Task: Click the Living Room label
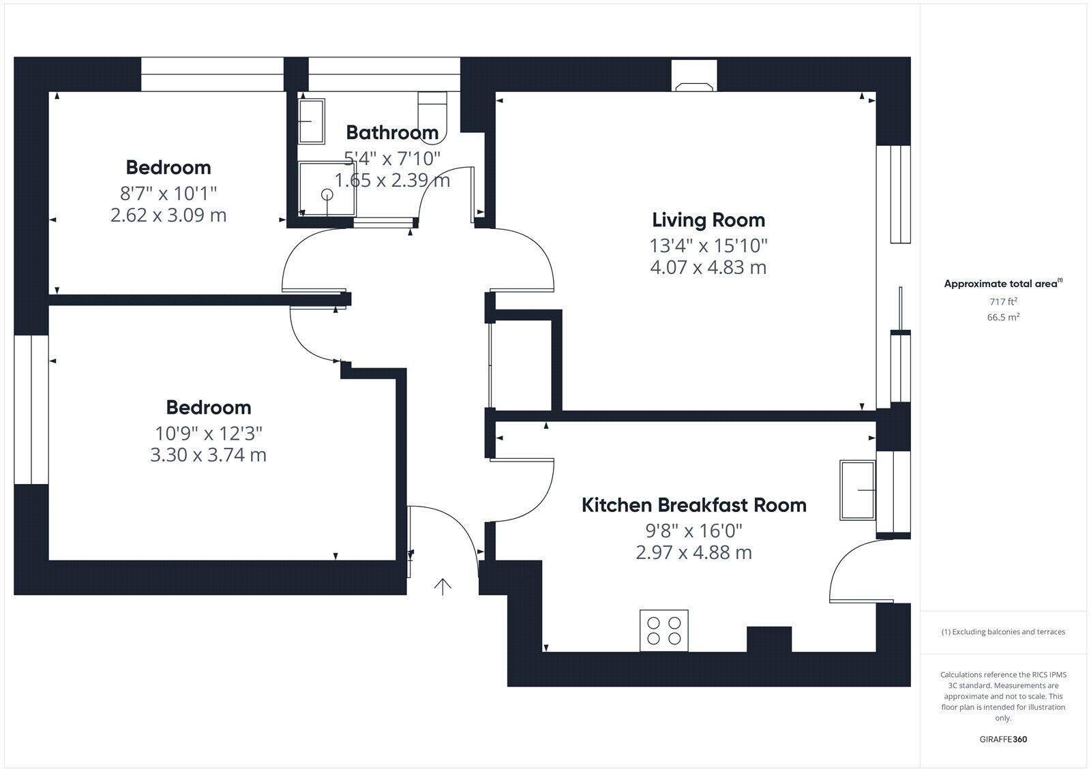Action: pyautogui.click(x=708, y=220)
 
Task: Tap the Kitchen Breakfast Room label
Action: pyautogui.click(x=693, y=505)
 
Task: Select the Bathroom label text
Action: pyautogui.click(x=392, y=132)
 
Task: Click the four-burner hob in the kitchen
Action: pyautogui.click(x=663, y=631)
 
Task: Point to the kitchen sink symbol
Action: pyautogui.click(x=858, y=490)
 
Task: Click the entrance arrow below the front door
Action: pyautogui.click(x=443, y=586)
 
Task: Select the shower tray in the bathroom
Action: pyautogui.click(x=327, y=188)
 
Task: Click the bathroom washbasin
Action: pyautogui.click(x=312, y=121)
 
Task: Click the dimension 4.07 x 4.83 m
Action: pyautogui.click(x=708, y=267)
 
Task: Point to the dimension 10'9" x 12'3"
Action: pyautogui.click(x=208, y=432)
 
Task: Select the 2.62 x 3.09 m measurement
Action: pyautogui.click(x=168, y=215)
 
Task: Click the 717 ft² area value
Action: pyautogui.click(x=1003, y=301)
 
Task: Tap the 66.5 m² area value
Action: pyautogui.click(x=1003, y=317)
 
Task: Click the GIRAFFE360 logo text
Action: pyautogui.click(x=1003, y=739)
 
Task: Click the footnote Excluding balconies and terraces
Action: pyautogui.click(x=1003, y=632)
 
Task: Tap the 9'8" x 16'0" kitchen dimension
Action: pyautogui.click(x=693, y=530)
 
